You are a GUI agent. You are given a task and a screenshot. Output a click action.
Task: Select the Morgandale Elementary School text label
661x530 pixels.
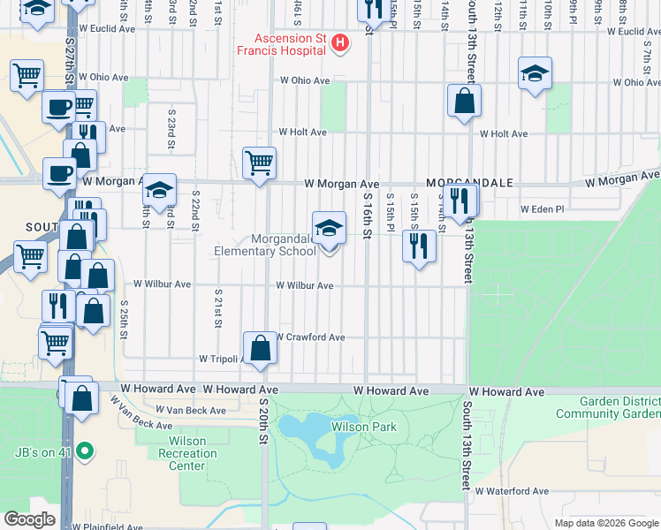(265, 246)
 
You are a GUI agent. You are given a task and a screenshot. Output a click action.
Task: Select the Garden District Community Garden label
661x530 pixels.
(608, 407)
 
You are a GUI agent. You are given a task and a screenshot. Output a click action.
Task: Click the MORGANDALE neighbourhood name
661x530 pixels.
(468, 183)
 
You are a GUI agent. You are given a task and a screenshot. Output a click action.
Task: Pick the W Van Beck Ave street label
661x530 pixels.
(191, 411)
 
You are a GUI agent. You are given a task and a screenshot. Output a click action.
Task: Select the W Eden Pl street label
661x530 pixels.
(542, 209)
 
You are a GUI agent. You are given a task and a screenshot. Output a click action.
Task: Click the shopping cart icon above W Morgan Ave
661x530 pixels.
(259, 163)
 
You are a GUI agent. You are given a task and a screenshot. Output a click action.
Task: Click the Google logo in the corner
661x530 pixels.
(30, 519)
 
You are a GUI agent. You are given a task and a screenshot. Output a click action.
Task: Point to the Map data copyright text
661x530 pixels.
(607, 523)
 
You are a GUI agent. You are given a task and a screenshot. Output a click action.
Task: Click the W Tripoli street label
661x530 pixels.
(222, 360)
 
